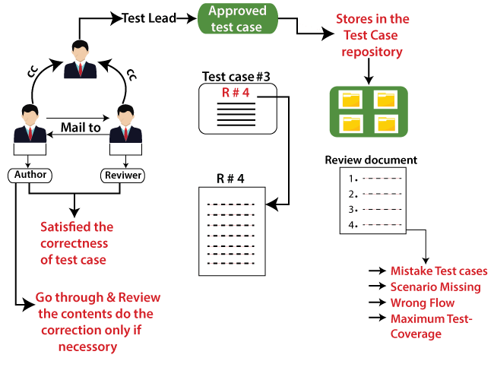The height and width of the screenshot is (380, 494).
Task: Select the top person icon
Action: [x=81, y=61]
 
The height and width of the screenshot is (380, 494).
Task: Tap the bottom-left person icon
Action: [x=30, y=125]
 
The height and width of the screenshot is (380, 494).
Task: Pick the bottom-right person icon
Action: [x=125, y=125]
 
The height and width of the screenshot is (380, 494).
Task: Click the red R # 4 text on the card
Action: [x=236, y=93]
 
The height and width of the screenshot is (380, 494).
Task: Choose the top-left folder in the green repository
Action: [x=351, y=100]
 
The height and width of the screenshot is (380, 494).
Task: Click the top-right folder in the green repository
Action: [x=386, y=100]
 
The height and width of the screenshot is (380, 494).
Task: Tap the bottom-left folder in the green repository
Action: [x=351, y=123]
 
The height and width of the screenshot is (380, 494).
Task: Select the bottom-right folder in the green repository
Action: [x=386, y=123]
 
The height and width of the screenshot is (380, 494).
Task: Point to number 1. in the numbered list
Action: [x=353, y=179]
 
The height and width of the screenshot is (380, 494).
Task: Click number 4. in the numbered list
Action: [x=353, y=225]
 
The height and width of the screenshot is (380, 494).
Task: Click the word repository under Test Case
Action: [x=372, y=52]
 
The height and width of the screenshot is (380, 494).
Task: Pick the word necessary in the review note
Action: [x=87, y=347]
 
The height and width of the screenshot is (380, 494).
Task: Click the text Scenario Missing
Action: [x=435, y=287]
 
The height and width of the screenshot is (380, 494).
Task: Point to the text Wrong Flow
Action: [x=423, y=302]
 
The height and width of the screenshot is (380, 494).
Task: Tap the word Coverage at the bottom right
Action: [x=416, y=334]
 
